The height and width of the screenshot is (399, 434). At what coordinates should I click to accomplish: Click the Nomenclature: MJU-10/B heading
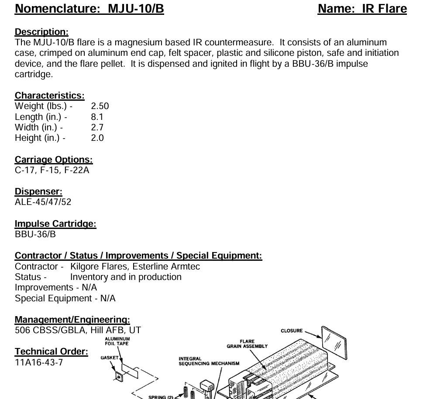[x=89, y=9]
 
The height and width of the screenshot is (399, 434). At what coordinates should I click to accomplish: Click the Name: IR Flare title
[x=362, y=9]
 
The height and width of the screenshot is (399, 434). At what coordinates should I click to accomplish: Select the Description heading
[x=41, y=32]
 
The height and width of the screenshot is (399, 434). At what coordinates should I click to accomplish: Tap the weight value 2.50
[x=100, y=106]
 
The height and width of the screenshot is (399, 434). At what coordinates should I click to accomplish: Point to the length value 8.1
[x=97, y=117]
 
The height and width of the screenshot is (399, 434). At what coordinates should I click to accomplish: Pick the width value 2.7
[x=97, y=127]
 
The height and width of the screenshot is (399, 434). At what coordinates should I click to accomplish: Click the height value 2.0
[x=97, y=138]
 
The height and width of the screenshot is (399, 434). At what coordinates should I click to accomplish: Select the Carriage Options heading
[x=54, y=160]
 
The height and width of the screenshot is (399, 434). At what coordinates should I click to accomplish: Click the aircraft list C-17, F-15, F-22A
[x=52, y=170]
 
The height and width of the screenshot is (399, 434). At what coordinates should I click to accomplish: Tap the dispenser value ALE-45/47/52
[x=43, y=202]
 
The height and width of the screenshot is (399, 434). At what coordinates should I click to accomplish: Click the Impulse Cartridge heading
[x=55, y=224]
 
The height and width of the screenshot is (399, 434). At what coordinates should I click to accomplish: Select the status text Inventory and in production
[x=126, y=277]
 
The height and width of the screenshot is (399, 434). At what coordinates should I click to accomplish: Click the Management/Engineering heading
[x=72, y=320]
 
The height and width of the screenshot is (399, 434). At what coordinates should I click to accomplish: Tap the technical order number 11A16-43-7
[x=39, y=362]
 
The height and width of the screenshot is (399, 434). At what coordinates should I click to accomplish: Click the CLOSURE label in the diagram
[x=292, y=331]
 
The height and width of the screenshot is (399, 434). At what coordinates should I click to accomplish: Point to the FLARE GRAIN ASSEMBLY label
[x=247, y=344]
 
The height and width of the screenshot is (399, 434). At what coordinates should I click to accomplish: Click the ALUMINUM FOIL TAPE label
[x=117, y=341]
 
